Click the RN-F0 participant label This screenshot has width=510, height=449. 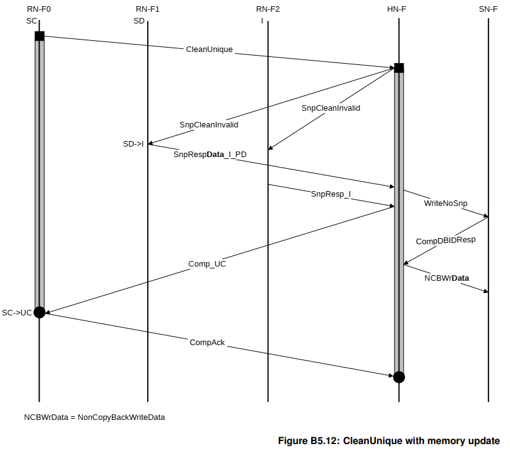coord(39,9)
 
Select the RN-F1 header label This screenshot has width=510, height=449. coord(148,9)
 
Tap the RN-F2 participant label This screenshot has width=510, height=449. coord(268,9)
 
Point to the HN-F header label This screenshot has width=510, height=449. coord(396,9)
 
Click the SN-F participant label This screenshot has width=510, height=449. coord(488,9)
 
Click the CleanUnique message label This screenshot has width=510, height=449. coord(209,49)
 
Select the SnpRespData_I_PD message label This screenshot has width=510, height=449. coord(210,154)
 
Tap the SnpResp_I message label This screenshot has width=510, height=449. coord(331,194)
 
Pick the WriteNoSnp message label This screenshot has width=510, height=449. coord(446,203)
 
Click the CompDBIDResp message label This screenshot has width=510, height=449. coord(446,241)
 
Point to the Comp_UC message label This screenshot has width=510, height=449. coord(207,264)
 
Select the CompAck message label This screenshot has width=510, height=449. coord(207,343)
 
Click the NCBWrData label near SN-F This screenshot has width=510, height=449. coord(446,278)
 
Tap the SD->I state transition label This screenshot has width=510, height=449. coord(134,144)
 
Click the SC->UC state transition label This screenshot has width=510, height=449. coord(17,313)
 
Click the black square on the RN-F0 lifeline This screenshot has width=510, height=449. coord(40,36)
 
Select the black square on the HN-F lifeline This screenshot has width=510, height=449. coord(399,68)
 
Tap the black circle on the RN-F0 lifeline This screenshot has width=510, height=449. coord(40,312)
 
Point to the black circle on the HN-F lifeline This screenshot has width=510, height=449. coord(399,377)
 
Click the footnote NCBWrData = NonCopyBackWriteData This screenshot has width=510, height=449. coord(95,417)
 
